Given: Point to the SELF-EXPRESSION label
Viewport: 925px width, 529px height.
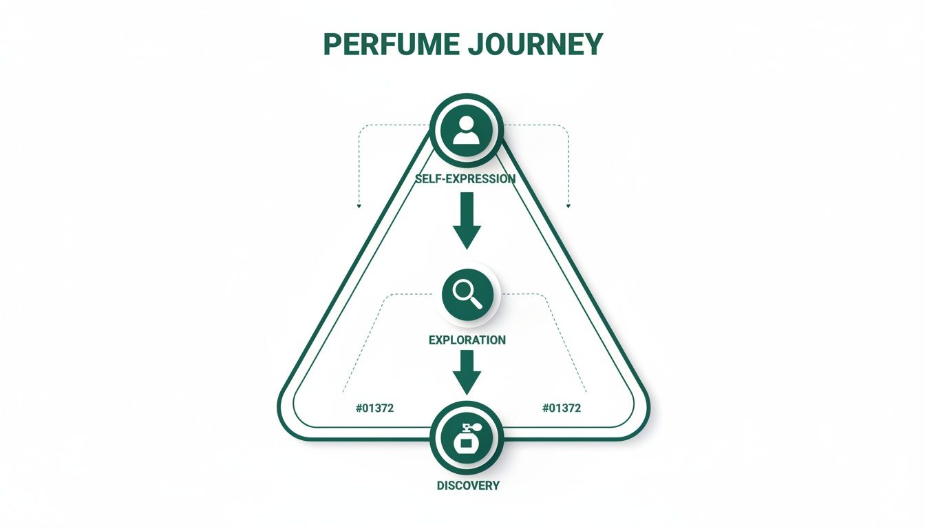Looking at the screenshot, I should (466, 179).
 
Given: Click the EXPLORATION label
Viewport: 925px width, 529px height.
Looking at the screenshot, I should (467, 340).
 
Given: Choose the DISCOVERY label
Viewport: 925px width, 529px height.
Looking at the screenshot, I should (468, 486).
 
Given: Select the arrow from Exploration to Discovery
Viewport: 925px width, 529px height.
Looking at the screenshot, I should (467, 373).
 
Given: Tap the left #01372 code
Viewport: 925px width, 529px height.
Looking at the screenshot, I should (374, 408).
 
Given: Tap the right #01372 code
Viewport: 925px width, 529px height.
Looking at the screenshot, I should (562, 408).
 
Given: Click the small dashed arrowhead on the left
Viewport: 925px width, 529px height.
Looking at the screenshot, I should (358, 205).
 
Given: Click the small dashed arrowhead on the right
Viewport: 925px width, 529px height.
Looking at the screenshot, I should (568, 205).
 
